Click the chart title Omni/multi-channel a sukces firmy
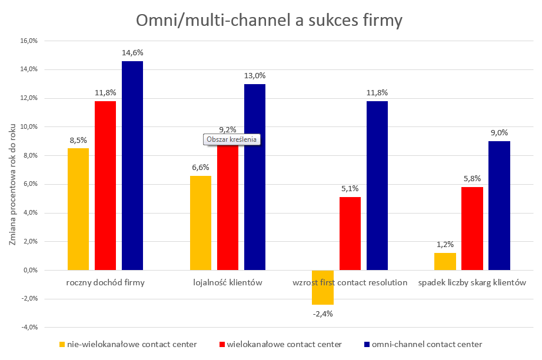[270, 21]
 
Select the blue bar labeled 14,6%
[132, 165]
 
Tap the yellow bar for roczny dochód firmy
[78, 209]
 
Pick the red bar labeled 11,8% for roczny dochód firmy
[105, 185]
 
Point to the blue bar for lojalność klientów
[255, 176]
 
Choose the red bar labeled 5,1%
[350, 233]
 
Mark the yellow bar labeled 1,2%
[445, 261]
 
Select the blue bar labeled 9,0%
[500, 205]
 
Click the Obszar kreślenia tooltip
[231, 139]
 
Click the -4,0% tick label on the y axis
[28, 327]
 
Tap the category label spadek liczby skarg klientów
[472, 282]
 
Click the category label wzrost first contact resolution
[350, 282]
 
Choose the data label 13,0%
[255, 75]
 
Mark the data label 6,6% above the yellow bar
[201, 167]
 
